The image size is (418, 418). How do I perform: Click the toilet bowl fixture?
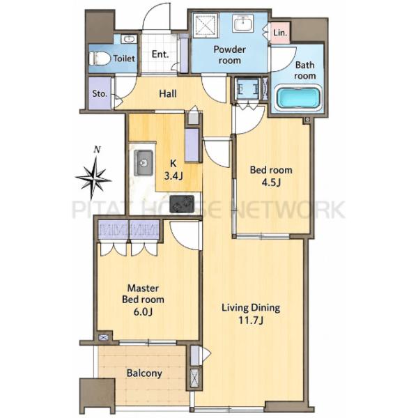(x=100, y=59)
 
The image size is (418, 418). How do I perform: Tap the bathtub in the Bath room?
(x=299, y=98)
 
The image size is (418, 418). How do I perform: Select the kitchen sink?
(x=144, y=162)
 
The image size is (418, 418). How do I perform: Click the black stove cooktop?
(x=182, y=204)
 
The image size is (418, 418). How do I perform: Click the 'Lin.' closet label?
(x=280, y=33)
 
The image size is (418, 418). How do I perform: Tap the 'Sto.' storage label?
(x=100, y=93)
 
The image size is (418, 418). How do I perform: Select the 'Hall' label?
(x=168, y=93)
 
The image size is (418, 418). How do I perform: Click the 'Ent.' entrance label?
(x=160, y=54)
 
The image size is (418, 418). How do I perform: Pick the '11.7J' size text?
(x=251, y=320)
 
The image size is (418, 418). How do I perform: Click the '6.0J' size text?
(x=143, y=311)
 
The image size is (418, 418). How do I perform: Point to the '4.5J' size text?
(x=271, y=183)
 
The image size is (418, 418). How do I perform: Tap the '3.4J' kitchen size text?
(x=173, y=176)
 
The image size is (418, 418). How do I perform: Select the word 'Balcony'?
(x=144, y=373)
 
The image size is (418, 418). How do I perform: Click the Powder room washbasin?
(x=243, y=23)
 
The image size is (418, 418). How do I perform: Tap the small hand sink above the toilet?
(x=130, y=39)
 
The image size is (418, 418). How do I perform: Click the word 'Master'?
(x=143, y=288)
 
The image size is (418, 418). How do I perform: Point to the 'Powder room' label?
(x=229, y=54)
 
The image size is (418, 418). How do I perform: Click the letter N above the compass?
(x=98, y=150)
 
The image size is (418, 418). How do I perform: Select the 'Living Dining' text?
(x=251, y=308)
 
